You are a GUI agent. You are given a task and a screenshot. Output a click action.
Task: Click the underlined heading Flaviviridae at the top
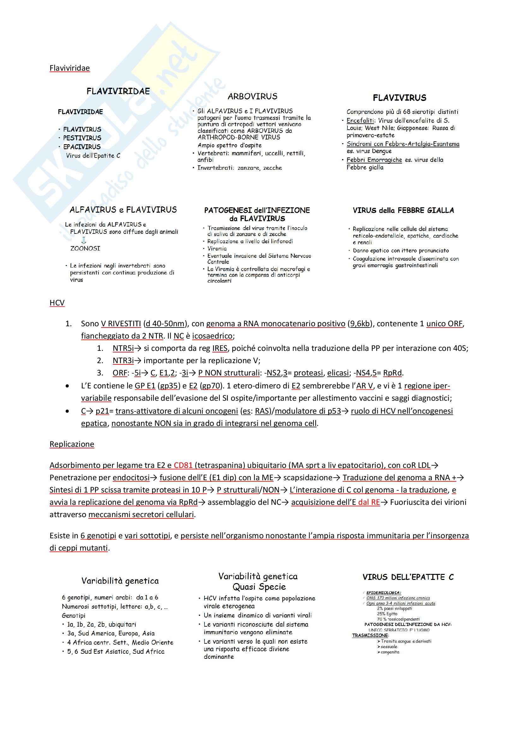click(x=69, y=68)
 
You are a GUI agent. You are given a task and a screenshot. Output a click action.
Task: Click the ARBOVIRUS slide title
click(x=252, y=96)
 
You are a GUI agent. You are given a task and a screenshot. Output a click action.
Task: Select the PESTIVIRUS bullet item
click(x=82, y=138)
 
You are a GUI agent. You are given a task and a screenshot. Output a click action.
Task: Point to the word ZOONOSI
click(x=85, y=248)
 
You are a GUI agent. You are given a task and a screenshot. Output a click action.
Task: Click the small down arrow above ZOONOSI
click(x=84, y=240)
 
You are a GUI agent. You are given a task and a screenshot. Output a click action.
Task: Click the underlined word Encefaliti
click(x=360, y=121)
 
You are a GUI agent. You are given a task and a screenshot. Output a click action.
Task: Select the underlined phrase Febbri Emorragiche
click(x=374, y=160)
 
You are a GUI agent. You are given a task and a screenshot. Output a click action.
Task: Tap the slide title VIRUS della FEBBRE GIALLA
click(x=403, y=210)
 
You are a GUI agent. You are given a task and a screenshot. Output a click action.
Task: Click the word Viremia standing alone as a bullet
click(x=217, y=248)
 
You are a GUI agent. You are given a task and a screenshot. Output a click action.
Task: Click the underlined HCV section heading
click(x=57, y=303)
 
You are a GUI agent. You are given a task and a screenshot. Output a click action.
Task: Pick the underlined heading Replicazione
click(x=72, y=444)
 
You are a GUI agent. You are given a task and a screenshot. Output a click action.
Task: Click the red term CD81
click(x=183, y=465)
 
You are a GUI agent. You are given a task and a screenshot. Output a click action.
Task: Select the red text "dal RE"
click(x=369, y=502)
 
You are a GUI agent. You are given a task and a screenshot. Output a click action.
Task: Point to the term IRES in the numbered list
click(x=220, y=348)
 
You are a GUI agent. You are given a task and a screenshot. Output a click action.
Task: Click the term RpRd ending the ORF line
click(x=393, y=373)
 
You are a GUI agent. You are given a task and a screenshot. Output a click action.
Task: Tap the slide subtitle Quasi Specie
click(x=259, y=587)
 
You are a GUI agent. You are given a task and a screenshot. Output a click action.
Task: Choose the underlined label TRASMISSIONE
click(x=370, y=635)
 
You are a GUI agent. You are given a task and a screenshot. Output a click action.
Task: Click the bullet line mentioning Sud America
click(x=111, y=634)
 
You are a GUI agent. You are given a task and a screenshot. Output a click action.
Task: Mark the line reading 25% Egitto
click(x=387, y=614)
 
